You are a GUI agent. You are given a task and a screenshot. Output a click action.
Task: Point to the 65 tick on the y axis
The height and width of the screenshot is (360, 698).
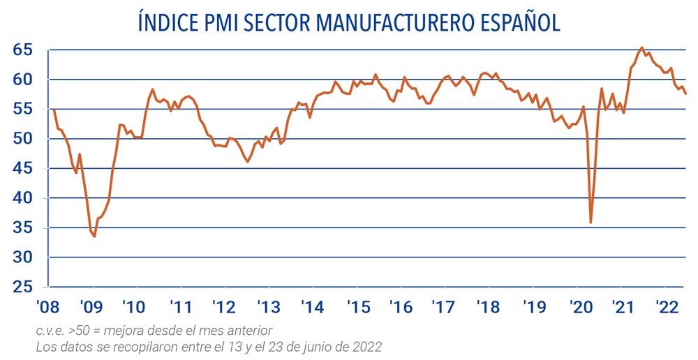[x=22, y=50]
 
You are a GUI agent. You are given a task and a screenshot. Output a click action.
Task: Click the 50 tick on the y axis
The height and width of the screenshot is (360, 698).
[x=22, y=139]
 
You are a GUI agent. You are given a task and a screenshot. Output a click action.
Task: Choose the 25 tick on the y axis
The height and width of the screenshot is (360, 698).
[x=22, y=287]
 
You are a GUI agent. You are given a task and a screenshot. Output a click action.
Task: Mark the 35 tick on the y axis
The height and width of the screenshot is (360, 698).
[x=22, y=228]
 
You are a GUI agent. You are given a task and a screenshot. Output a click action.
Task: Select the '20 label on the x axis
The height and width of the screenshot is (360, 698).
[x=580, y=307]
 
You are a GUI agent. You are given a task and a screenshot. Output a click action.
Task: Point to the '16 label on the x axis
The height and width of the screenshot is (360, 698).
[x=401, y=307]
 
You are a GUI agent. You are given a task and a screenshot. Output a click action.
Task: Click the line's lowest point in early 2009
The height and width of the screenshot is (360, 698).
[x=94, y=237]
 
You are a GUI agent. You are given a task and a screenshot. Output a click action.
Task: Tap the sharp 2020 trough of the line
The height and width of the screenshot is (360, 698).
[x=591, y=223]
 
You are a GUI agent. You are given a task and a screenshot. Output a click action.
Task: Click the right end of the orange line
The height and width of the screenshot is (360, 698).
[x=685, y=93]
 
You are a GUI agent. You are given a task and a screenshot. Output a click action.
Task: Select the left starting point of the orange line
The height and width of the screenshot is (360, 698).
[x=54, y=110]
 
